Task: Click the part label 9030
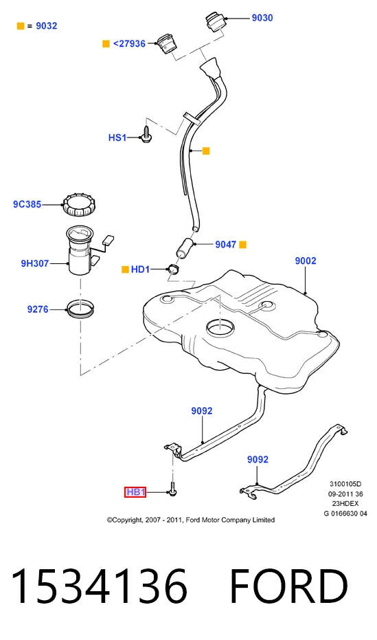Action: (x=262, y=18)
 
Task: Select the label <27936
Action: (x=129, y=44)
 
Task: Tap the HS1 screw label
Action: (x=117, y=137)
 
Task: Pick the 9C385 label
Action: (x=27, y=204)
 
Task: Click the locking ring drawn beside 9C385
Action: (x=82, y=206)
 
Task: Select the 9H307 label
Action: (x=34, y=263)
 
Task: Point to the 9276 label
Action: (x=38, y=309)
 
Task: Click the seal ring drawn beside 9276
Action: (x=81, y=310)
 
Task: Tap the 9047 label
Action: (x=226, y=245)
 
